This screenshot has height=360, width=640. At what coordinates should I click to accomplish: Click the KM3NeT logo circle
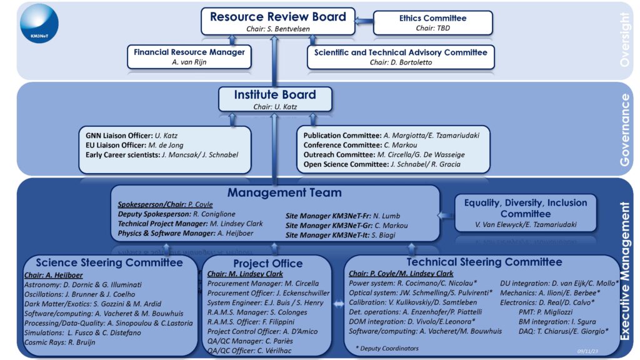pos(39,23)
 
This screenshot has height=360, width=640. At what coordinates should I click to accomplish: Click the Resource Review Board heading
pos(277,17)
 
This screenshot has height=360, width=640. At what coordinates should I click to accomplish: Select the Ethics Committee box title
pos(432,18)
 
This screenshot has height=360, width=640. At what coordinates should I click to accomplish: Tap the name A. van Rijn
pos(189,62)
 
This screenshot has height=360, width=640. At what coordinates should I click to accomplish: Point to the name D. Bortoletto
pos(422,62)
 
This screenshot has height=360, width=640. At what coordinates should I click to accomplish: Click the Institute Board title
pos(275,95)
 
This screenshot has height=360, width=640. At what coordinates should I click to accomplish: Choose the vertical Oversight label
pos(625,41)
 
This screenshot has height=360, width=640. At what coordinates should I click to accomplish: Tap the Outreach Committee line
pos(384,154)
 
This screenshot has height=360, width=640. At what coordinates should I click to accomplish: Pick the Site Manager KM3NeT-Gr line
pos(346,226)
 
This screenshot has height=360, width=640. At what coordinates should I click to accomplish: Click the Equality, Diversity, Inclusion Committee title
pos(525,208)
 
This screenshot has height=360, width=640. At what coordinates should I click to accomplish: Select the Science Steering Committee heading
pos(109,262)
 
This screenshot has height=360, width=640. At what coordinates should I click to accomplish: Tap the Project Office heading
pos(267,264)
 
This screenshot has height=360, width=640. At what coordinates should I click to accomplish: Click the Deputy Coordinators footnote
pos(387,347)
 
